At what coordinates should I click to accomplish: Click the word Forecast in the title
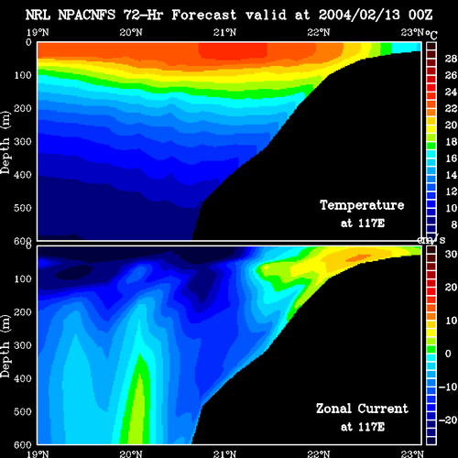click(204, 15)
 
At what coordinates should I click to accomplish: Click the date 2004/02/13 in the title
click(359, 15)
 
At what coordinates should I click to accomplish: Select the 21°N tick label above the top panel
click(224, 32)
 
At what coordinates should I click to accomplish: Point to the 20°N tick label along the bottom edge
click(131, 454)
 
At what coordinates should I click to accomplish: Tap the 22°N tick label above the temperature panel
click(319, 32)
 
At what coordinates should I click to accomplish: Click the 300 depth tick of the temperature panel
click(23, 142)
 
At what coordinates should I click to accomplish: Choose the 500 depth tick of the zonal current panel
click(23, 412)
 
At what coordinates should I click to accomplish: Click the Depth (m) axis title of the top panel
click(5, 143)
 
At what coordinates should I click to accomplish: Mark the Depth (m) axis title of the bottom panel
click(5, 346)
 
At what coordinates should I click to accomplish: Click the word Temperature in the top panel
click(362, 205)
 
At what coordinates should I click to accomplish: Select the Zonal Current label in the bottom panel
click(362, 409)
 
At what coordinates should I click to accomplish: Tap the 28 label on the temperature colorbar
click(451, 59)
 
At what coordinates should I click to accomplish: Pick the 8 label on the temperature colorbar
click(454, 224)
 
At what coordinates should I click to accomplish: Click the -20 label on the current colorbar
click(448, 420)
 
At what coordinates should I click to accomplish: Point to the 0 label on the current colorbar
click(448, 354)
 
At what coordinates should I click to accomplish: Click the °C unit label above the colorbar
click(431, 35)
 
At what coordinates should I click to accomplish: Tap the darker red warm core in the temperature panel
click(233, 50)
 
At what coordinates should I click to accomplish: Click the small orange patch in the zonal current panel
click(358, 258)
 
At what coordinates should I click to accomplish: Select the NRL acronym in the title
click(38, 15)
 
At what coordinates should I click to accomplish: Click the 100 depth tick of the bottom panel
click(23, 279)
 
